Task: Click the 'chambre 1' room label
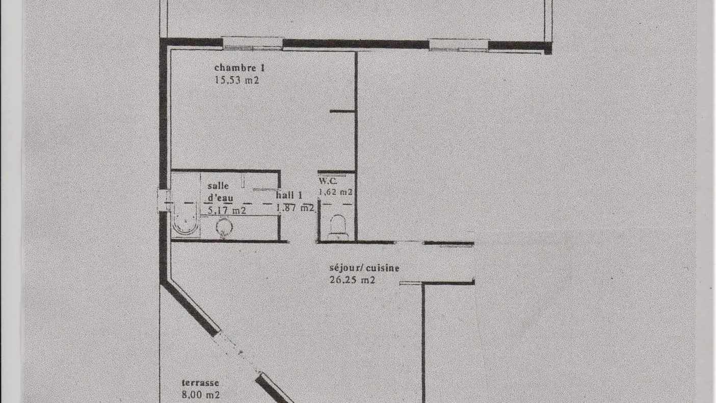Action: click(240, 68)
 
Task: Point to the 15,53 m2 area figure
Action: click(236, 80)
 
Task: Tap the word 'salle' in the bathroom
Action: click(218, 186)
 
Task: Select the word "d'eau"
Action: click(220, 198)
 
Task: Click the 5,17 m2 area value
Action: click(227, 211)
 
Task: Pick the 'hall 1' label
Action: click(289, 195)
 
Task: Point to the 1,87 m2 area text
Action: click(295, 208)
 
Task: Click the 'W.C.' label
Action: click(328, 181)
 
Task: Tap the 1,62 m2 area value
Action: click(336, 192)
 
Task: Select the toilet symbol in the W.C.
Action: click(337, 226)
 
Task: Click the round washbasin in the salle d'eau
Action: click(224, 228)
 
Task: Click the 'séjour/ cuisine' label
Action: click(364, 268)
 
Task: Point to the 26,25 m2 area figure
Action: click(352, 280)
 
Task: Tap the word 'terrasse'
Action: click(200, 383)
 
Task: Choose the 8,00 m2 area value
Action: click(201, 395)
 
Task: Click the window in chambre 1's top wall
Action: click(253, 43)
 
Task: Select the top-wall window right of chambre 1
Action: click(458, 45)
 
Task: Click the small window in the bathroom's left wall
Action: click(164, 200)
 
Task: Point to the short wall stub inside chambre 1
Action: click(342, 111)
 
